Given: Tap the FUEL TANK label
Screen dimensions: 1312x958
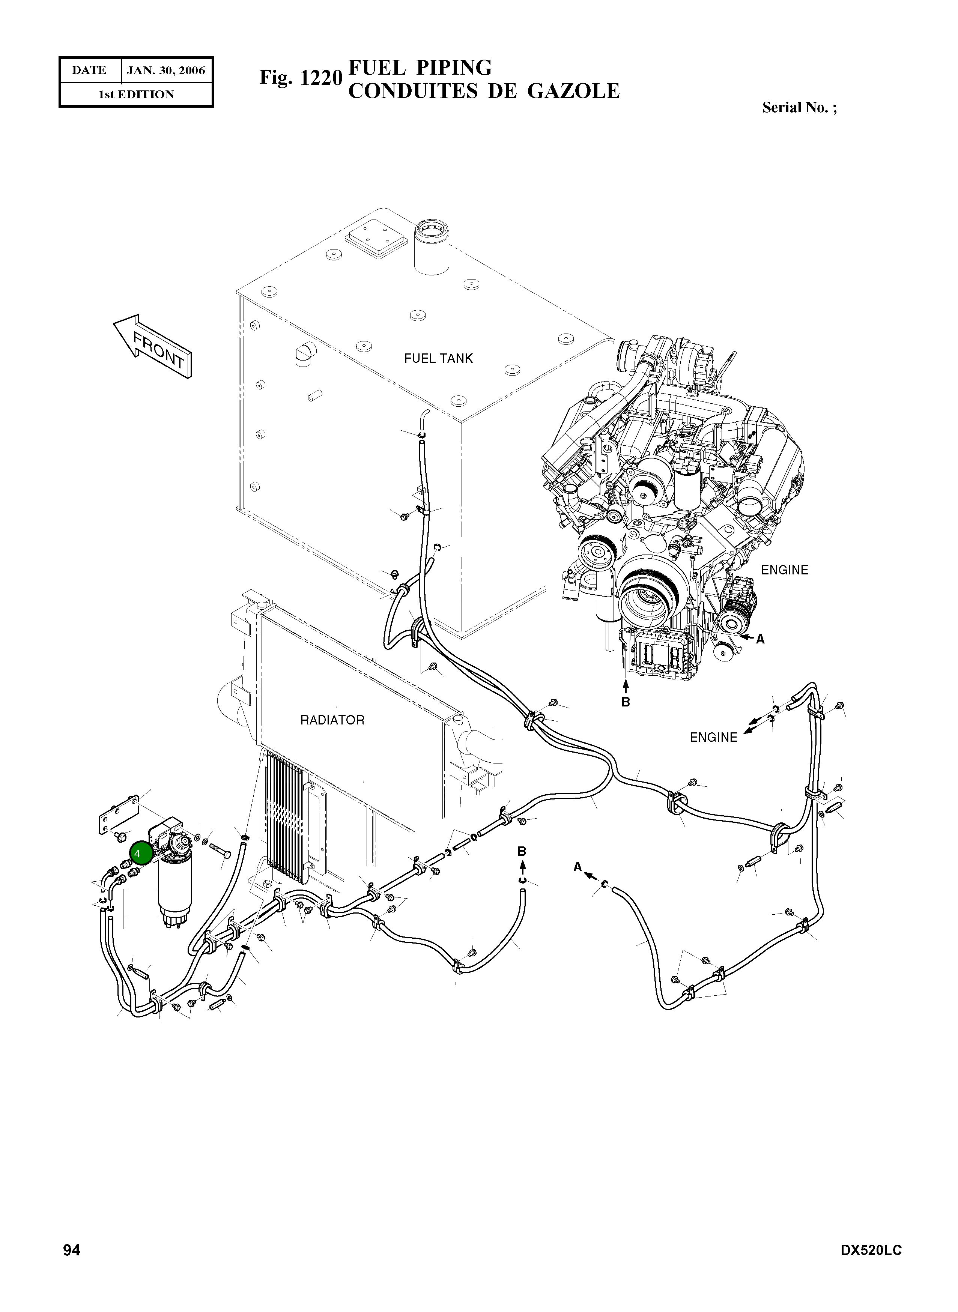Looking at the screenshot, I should tap(438, 358).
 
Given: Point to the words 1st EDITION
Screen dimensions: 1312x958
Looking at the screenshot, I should tap(136, 95).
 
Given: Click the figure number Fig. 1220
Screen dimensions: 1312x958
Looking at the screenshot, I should tap(301, 77).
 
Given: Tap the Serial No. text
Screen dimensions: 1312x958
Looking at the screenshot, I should tap(799, 107).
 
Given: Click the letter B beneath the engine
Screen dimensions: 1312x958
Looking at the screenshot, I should tap(625, 702).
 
